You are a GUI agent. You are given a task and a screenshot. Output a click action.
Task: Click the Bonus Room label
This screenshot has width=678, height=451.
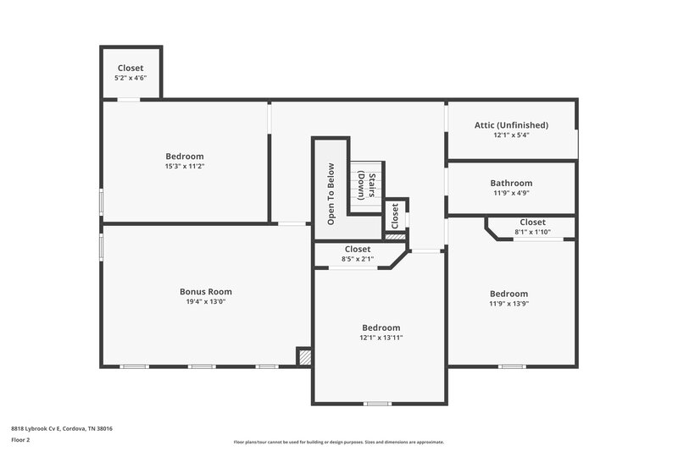(x=205, y=291)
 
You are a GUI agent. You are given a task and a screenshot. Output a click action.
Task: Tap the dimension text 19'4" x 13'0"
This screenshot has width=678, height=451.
(x=205, y=302)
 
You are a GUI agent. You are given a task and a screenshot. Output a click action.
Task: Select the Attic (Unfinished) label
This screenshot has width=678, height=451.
(x=511, y=125)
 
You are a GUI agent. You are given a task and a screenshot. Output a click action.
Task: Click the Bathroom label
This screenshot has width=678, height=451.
(x=511, y=183)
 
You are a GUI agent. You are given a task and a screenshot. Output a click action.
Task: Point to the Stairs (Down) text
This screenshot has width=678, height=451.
(x=365, y=184)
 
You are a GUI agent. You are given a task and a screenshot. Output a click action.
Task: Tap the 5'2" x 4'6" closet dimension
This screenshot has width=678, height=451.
(x=131, y=78)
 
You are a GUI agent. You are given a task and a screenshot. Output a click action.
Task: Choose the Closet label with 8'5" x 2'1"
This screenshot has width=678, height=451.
(x=358, y=249)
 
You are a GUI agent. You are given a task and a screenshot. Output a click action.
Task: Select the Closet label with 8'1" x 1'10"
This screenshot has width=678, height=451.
(x=532, y=222)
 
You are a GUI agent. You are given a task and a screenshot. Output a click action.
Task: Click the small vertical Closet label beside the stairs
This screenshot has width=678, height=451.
(x=395, y=216)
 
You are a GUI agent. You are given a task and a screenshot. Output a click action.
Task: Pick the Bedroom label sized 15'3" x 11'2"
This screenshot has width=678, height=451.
(x=184, y=157)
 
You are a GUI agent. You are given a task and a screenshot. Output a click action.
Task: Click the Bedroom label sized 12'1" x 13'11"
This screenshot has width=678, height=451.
(x=381, y=327)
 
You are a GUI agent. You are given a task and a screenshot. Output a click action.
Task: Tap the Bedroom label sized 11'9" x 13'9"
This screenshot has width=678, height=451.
(x=508, y=294)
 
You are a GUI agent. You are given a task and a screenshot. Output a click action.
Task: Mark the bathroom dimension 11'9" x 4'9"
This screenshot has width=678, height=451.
(x=511, y=193)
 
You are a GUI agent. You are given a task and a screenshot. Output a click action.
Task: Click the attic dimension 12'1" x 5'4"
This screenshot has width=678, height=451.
(x=511, y=135)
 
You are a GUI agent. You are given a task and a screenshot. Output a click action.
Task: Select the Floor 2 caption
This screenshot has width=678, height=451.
(x=21, y=440)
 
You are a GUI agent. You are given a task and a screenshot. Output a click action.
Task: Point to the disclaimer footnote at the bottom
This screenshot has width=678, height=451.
(x=338, y=442)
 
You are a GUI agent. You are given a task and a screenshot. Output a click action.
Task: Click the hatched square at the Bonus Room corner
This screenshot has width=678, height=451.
(x=303, y=357)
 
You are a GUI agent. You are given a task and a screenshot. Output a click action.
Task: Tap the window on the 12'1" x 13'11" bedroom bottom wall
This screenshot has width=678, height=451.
(x=378, y=404)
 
